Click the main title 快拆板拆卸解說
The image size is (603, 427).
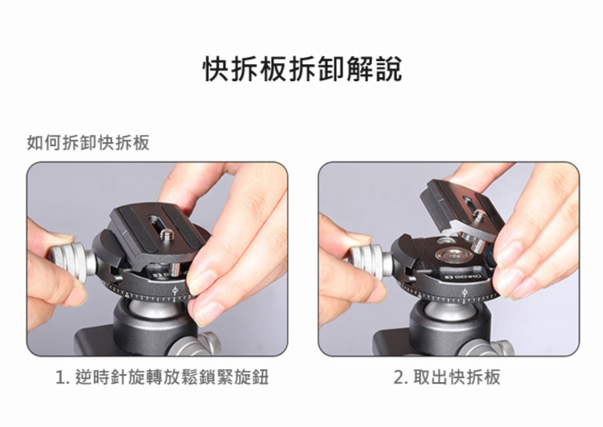[302, 69]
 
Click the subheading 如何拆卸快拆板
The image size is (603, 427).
[88, 143]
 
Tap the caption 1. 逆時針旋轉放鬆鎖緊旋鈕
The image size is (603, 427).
[162, 377]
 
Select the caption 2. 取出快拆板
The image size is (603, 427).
[447, 377]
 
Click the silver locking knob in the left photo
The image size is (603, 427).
[71, 262]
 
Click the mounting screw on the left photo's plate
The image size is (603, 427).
[166, 234]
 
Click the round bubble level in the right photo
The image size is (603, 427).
[453, 256]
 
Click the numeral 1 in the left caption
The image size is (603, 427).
[60, 378]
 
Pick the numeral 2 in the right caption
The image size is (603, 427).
[399, 378]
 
